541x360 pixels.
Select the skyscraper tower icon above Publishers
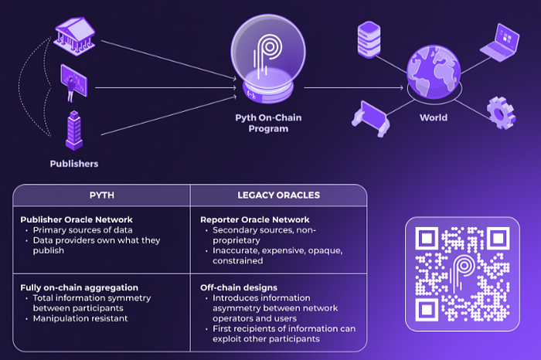[x=74, y=130]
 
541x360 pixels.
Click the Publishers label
[x=74, y=164]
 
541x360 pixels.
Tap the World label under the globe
[x=433, y=118]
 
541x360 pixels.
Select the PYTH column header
[x=101, y=197]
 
